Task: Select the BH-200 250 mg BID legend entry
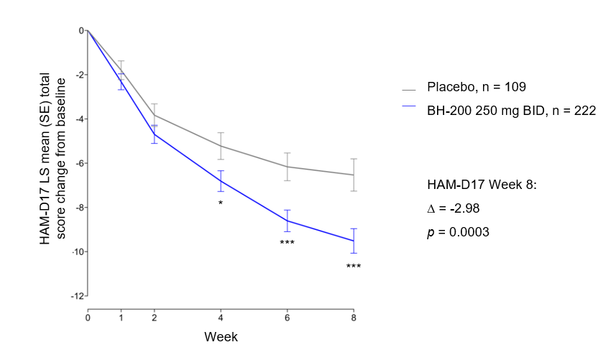point(511,110)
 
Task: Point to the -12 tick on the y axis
point(81,296)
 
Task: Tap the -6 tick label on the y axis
point(81,163)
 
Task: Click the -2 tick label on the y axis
point(81,75)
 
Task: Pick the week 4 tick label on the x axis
point(221,317)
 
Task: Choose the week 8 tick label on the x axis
point(353,317)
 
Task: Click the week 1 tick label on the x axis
point(121,317)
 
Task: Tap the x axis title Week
point(221,336)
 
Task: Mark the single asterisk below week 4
point(221,203)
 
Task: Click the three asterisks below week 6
point(287,243)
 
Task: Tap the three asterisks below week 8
point(353,267)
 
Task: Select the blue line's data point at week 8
point(353,241)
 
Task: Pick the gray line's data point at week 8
point(353,175)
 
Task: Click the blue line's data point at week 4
point(221,181)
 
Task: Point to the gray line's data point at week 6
point(287,167)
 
